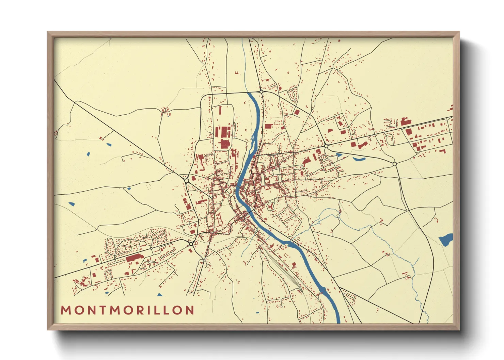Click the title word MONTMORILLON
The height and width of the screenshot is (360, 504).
point(127,310)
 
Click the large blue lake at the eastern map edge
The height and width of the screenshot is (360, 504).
point(446,240)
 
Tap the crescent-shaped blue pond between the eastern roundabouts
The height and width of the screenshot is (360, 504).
point(359,159)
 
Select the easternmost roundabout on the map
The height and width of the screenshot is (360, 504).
point(395,164)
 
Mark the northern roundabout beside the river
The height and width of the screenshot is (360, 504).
point(261,92)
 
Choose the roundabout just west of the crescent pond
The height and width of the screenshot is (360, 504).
point(326,146)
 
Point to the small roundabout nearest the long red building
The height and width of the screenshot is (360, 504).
point(151,248)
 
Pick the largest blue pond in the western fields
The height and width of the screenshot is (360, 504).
point(71,204)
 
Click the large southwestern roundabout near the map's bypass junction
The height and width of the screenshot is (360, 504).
point(191,244)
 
